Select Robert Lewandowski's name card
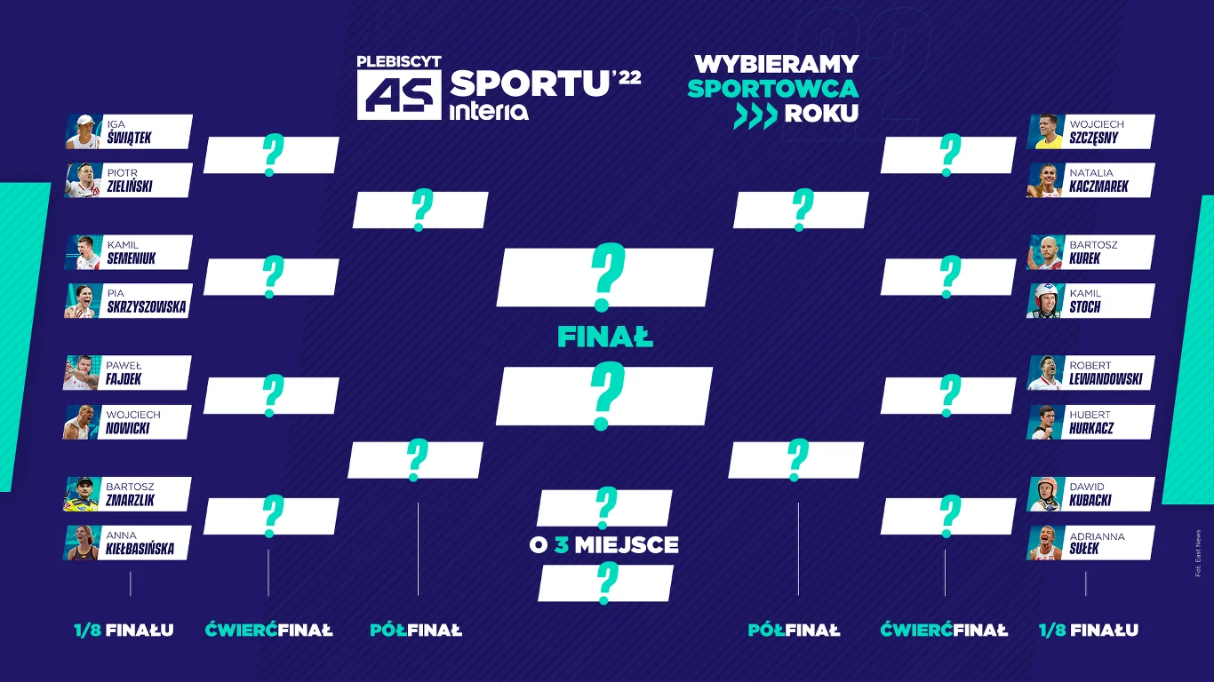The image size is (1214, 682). coord(1106,373)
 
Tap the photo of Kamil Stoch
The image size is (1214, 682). coord(1045,301)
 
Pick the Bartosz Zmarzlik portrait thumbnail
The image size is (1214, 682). coord(82,495)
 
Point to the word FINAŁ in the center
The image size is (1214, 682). coord(605,337)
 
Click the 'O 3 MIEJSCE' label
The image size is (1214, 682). coord(604,544)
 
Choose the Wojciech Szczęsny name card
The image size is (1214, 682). coord(1106,131)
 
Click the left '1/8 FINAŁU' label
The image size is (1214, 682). coord(124,630)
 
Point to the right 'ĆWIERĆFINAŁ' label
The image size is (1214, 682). coord(944,630)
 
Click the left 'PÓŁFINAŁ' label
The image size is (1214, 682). coord(416,630)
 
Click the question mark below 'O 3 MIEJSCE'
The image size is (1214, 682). coord(606,583)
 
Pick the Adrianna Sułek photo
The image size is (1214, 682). coord(1045,543)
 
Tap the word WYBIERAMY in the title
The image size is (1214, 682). coord(776,64)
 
